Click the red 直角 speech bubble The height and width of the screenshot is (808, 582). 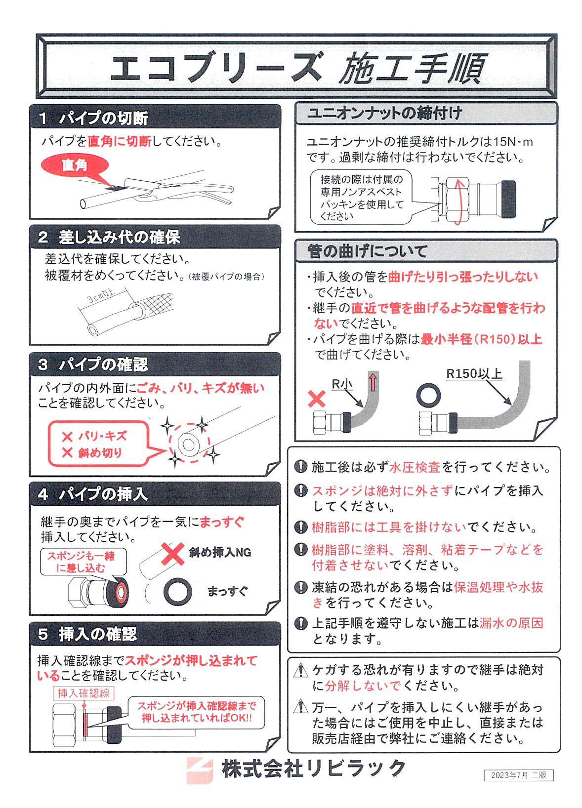[x=74, y=165]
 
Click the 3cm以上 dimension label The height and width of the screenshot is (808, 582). [x=100, y=296]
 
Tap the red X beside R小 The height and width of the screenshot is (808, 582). [x=317, y=399]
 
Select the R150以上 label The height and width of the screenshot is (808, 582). [x=474, y=373]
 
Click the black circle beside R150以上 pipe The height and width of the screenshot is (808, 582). [x=428, y=395]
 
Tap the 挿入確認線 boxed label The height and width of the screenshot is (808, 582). [x=83, y=693]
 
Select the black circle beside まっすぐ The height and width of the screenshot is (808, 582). [x=177, y=591]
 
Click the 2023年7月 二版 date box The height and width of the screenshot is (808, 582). [x=518, y=775]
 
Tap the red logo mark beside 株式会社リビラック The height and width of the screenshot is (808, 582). [x=200, y=769]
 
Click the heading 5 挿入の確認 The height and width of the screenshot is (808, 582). [x=87, y=634]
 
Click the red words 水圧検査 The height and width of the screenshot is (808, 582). [x=415, y=467]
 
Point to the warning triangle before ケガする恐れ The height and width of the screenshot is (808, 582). [x=300, y=670]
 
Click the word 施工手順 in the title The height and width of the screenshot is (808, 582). [x=413, y=68]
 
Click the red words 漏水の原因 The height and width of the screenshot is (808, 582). [x=511, y=623]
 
